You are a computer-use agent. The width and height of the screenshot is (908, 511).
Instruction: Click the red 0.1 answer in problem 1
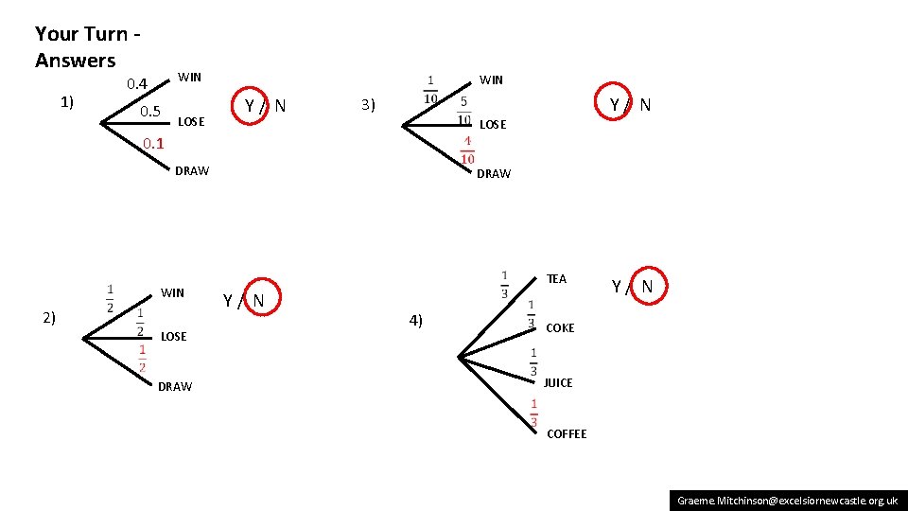click(x=152, y=144)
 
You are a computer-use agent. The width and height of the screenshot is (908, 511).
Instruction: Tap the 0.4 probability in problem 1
click(x=138, y=84)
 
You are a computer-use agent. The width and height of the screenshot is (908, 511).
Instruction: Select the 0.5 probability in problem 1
click(x=150, y=113)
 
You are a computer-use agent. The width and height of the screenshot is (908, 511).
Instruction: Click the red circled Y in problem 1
click(x=250, y=105)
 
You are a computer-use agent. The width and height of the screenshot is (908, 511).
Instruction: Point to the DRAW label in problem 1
click(x=192, y=171)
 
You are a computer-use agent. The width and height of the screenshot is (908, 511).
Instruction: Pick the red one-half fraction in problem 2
click(x=142, y=358)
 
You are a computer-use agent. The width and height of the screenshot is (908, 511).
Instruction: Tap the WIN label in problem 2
click(x=172, y=292)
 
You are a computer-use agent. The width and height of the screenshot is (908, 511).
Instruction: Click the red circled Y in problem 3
click(x=615, y=104)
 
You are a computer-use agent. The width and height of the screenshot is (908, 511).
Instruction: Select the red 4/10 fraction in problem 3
click(x=467, y=150)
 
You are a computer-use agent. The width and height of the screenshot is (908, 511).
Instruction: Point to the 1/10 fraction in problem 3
click(x=430, y=90)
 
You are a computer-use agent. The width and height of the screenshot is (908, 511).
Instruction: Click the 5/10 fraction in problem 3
click(x=463, y=111)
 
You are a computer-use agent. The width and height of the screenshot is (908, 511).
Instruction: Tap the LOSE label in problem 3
click(x=493, y=124)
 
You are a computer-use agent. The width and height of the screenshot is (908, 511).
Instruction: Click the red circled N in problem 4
click(x=647, y=286)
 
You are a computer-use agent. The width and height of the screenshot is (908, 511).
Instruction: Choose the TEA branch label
click(x=556, y=278)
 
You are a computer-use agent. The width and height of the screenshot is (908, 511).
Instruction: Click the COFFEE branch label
click(x=567, y=433)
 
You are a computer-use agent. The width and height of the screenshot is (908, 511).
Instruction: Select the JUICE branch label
click(x=558, y=382)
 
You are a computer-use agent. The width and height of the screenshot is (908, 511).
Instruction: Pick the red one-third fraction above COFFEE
click(x=533, y=412)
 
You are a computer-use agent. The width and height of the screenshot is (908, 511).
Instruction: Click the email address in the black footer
click(x=788, y=500)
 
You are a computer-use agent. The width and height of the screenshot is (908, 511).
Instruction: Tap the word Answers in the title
click(x=76, y=61)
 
